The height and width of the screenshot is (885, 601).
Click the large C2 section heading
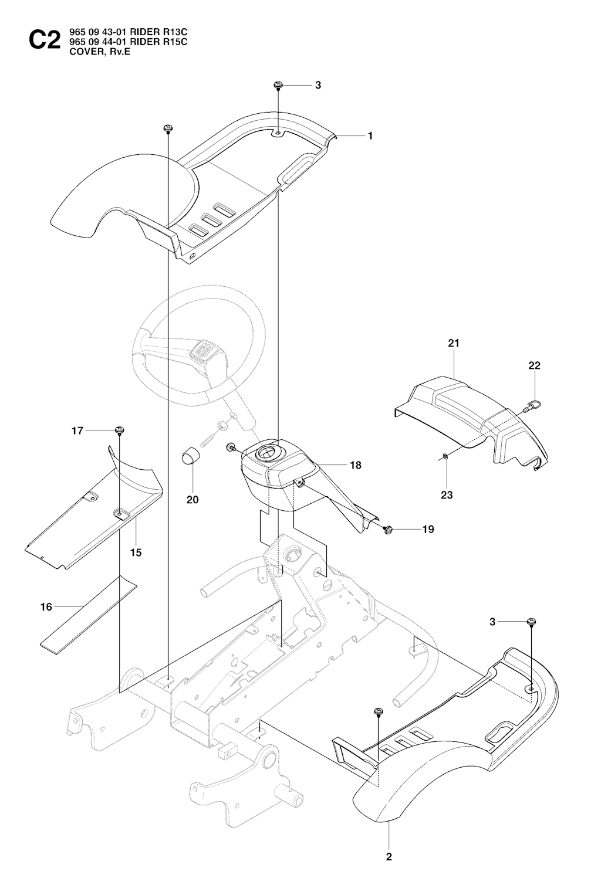tap(44, 42)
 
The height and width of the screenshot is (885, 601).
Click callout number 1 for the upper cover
tap(370, 135)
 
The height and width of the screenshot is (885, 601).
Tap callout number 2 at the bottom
tap(389, 857)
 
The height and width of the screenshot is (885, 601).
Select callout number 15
tap(136, 552)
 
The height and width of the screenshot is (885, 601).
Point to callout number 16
tap(46, 607)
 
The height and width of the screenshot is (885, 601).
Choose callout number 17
tap(77, 431)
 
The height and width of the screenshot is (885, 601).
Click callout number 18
tap(355, 465)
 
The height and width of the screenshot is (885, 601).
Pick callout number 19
tap(428, 529)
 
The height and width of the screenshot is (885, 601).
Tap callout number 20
tap(193, 500)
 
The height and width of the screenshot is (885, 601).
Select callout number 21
tap(454, 343)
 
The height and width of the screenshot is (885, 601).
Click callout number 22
tap(534, 365)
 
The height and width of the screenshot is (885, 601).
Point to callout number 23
tap(447, 494)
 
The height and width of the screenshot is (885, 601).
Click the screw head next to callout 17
tap(120, 431)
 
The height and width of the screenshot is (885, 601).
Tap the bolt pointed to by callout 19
tap(388, 530)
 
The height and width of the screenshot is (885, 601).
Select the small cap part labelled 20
tap(188, 455)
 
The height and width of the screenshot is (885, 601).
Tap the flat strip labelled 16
tap(88, 615)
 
